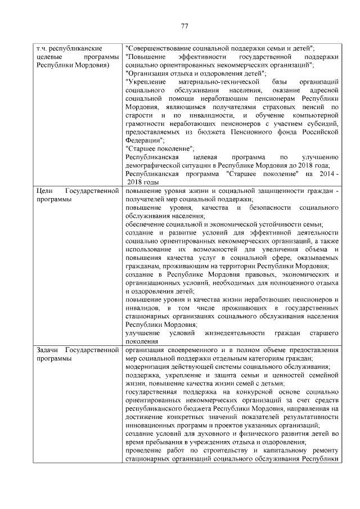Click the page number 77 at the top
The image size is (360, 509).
[x=183, y=25]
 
